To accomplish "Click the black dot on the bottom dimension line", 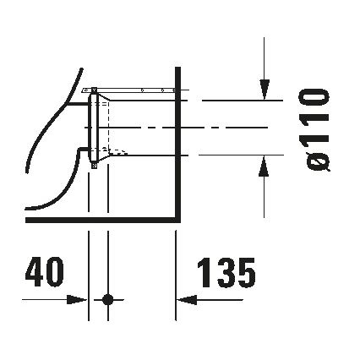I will coord(107,299).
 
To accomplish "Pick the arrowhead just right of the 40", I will coord(82,299).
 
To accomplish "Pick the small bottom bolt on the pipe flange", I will coord(93,166).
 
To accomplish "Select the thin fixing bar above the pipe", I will coord(135,90).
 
